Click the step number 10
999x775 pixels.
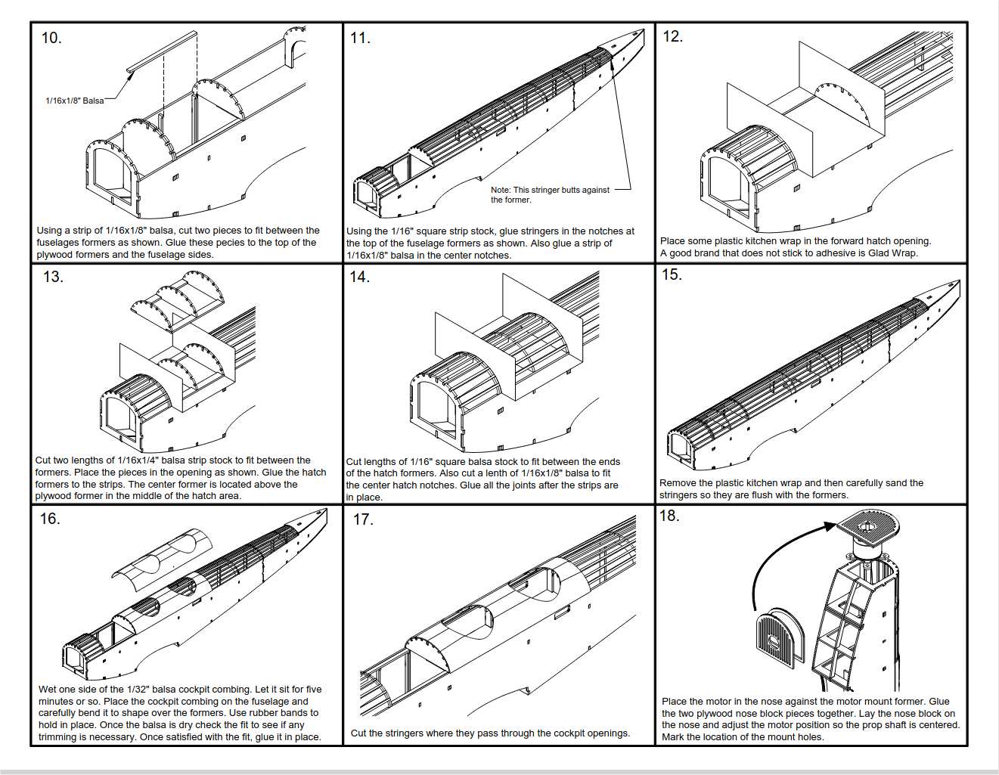click(x=51, y=38)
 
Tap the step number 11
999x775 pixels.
click(x=360, y=38)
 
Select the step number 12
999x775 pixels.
click(x=672, y=36)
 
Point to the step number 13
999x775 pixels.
click(x=53, y=277)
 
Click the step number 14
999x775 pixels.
click(x=360, y=277)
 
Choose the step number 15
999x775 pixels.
click(x=672, y=274)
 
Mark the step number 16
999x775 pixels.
click(x=50, y=519)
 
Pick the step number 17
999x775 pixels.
click(x=364, y=519)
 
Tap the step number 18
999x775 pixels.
click(x=669, y=516)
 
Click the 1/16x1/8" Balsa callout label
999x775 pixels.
click(x=75, y=101)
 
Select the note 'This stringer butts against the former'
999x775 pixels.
click(x=550, y=194)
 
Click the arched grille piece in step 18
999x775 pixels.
click(x=779, y=635)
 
